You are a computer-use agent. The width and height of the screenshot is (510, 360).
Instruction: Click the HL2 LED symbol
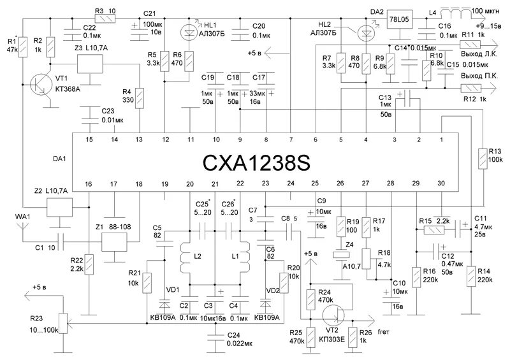coord(366,31)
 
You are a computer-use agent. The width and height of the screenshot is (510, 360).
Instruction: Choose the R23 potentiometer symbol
coord(62,322)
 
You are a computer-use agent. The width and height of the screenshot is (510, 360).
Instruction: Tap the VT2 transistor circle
coord(331,315)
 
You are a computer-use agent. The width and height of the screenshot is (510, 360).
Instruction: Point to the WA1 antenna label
coord(22,217)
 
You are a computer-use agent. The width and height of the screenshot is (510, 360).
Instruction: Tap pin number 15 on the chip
coord(89,140)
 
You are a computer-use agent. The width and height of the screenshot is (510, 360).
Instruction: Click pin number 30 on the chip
coord(441,184)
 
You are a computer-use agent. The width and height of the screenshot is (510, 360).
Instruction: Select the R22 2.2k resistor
coord(89,262)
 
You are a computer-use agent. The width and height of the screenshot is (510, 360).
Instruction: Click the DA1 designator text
coord(65,161)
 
